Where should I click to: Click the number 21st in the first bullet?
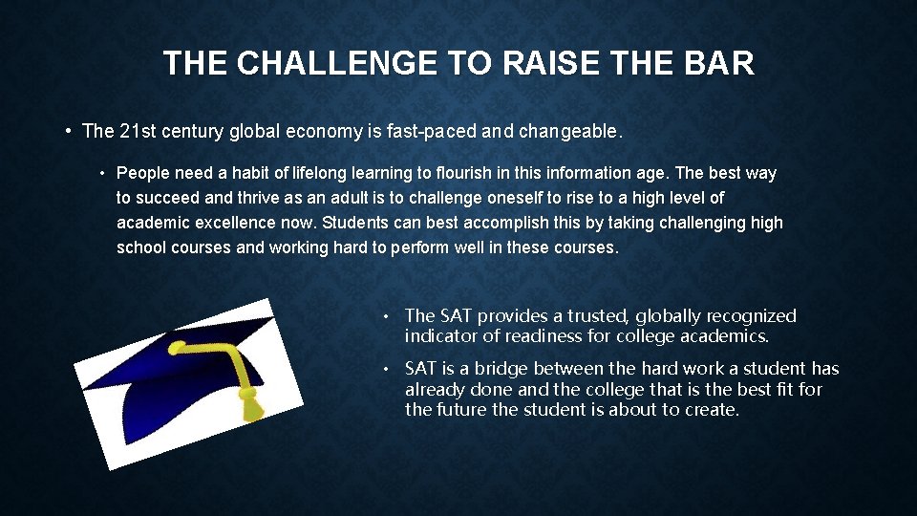coord(138,132)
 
